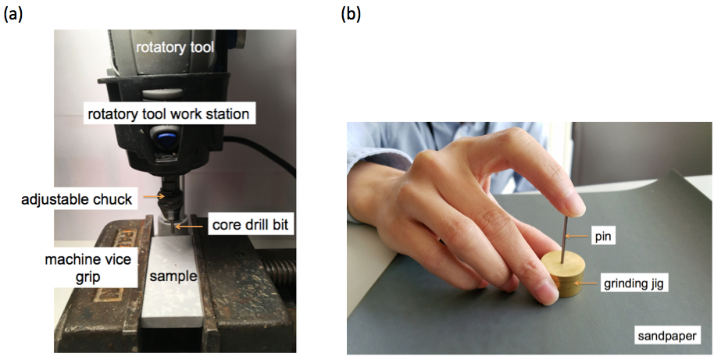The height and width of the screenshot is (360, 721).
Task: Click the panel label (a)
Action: pyautogui.click(x=15, y=14)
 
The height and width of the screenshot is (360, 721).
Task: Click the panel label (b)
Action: pyautogui.click(x=352, y=14)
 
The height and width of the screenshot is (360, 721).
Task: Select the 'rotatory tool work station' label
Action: pyautogui.click(x=168, y=114)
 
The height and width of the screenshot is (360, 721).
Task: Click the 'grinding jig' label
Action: pyautogui.click(x=634, y=284)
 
